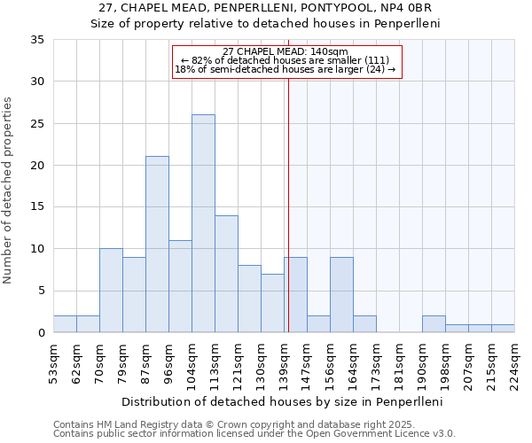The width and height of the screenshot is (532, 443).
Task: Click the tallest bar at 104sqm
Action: click(x=203, y=223)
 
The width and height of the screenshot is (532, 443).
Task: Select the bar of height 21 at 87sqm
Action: click(x=157, y=245)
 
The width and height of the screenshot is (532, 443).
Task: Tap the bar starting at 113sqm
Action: click(x=226, y=274)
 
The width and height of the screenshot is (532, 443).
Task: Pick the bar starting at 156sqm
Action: click(x=341, y=295)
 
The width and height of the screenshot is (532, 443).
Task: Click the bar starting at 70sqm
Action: click(x=111, y=291)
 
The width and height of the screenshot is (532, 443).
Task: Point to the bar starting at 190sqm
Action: click(x=434, y=324)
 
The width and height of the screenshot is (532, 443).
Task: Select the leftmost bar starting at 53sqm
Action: click(x=65, y=324)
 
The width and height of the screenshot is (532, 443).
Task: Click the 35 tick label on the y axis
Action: click(x=37, y=40)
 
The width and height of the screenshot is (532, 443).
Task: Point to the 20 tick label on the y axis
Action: click(x=37, y=166)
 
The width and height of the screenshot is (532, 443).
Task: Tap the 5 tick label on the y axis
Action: click(x=41, y=291)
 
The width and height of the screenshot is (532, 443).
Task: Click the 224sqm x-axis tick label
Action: click(x=514, y=363)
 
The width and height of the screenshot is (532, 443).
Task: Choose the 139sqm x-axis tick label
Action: click(x=284, y=363)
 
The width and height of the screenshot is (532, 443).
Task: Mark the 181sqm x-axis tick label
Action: click(x=399, y=363)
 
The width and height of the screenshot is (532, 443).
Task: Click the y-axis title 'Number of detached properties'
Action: click(x=8, y=190)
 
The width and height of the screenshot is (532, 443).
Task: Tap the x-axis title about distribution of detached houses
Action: click(x=284, y=401)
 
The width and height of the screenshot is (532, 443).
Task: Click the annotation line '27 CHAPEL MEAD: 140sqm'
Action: click(x=286, y=51)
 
